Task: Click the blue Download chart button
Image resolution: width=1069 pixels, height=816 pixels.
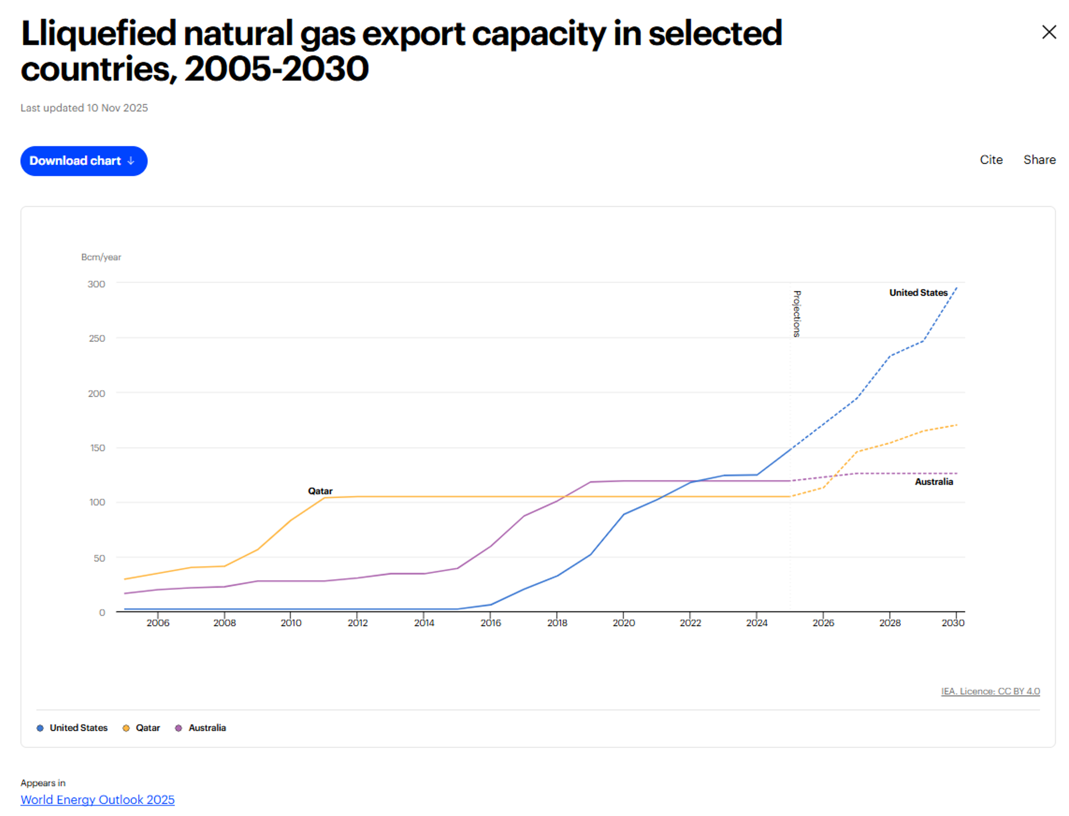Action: point(84,161)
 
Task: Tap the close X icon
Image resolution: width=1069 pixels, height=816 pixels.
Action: point(1049,33)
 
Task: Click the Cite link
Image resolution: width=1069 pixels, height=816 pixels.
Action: point(991,160)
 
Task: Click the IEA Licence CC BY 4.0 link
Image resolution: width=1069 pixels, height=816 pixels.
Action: point(990,691)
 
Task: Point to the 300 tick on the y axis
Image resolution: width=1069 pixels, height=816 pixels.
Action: point(96,284)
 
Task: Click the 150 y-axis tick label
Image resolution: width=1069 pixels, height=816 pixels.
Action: point(97,448)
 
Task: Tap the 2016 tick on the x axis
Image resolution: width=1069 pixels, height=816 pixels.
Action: point(490,623)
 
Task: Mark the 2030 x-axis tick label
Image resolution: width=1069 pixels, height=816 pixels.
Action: point(952,623)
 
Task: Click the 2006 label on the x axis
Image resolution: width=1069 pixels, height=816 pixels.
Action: point(158,623)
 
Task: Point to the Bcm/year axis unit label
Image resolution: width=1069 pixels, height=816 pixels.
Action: point(101,257)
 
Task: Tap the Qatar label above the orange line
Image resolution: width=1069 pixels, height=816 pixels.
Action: point(320,491)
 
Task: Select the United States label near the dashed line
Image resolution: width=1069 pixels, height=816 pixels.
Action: point(918,292)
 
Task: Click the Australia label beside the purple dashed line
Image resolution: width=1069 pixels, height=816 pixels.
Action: point(933,482)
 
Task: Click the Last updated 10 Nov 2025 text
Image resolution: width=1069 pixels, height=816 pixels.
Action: point(84,108)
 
